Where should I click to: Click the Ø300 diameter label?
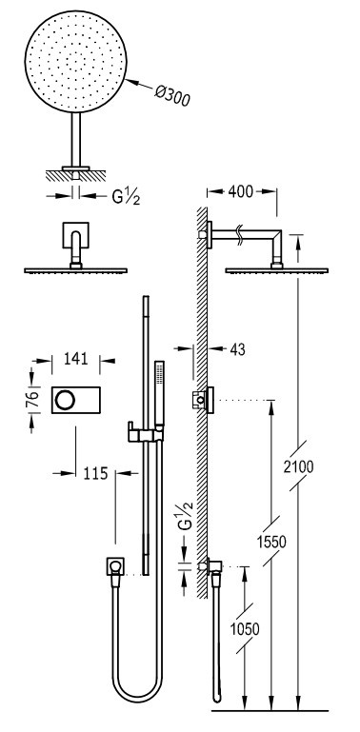click(171, 95)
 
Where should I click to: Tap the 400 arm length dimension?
click(241, 191)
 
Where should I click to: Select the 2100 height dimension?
click(298, 466)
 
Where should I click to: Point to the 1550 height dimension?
click(270, 542)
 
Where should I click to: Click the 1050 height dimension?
click(245, 629)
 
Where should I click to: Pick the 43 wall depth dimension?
click(237, 348)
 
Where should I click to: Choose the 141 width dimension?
click(75, 359)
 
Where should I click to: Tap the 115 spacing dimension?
click(96, 473)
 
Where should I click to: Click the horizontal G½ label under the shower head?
click(126, 197)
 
